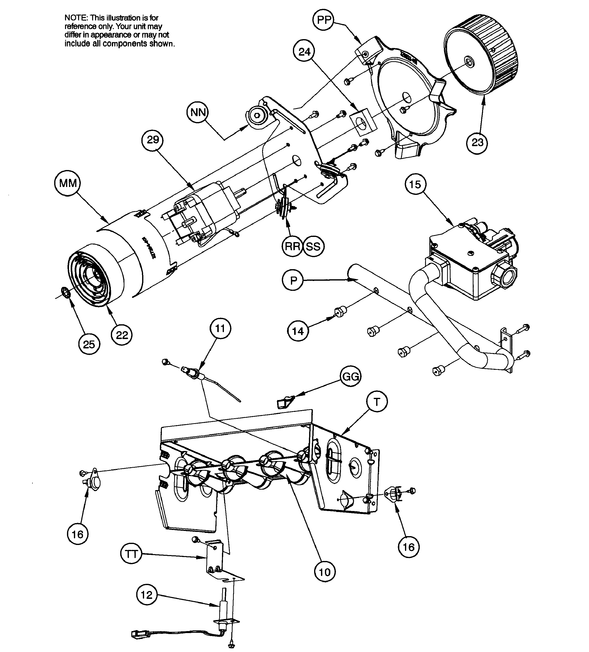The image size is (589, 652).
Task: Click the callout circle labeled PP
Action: [324, 20]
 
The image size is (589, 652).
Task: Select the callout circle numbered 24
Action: [304, 52]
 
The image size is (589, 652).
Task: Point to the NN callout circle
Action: [198, 112]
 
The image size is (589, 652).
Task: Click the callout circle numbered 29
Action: [153, 140]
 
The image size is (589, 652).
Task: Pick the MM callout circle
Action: [68, 183]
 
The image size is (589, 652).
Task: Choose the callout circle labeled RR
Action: [292, 247]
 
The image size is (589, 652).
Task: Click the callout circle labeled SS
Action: [313, 247]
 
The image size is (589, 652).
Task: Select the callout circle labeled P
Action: [293, 280]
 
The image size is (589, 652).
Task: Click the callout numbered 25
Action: [89, 344]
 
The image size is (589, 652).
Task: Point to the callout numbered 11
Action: [220, 328]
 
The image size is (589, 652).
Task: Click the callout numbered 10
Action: [325, 572]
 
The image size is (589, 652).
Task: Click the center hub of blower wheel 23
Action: [468, 62]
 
